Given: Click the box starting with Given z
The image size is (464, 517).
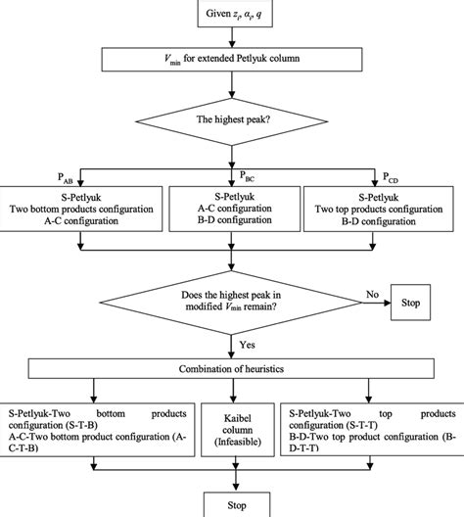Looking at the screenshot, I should [x=232, y=15].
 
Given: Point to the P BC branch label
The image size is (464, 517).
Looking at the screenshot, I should [x=252, y=176].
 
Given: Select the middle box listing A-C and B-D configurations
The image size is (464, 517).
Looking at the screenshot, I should [x=232, y=210].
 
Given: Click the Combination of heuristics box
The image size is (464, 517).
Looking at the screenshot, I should [x=232, y=371].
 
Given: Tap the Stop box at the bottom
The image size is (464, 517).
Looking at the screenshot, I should [x=232, y=505].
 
